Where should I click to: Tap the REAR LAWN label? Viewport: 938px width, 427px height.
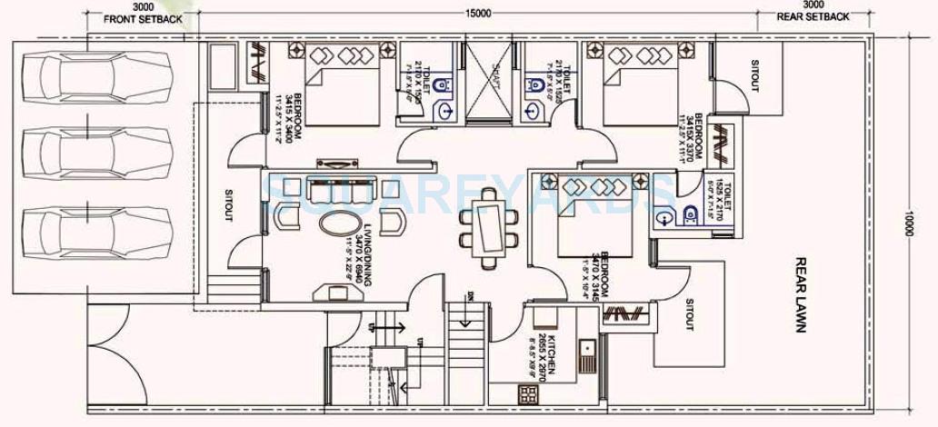[801, 293]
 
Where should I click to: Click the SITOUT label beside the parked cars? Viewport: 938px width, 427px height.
[228, 205]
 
